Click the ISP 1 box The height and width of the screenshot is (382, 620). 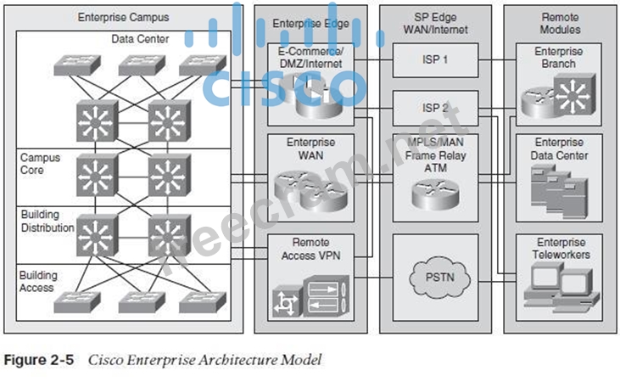(x=435, y=59)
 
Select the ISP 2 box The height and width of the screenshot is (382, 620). (x=435, y=108)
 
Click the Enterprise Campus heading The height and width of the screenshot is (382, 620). (x=123, y=17)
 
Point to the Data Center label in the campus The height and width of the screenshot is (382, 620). (x=140, y=39)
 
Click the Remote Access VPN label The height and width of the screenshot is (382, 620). (x=311, y=247)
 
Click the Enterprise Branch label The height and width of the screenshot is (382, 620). (x=559, y=58)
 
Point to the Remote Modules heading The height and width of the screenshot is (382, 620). (x=560, y=23)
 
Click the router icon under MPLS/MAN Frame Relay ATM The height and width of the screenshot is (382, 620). (x=434, y=194)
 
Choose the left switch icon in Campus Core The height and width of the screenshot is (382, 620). (x=94, y=175)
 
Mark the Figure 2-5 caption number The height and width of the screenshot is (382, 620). (x=40, y=360)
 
